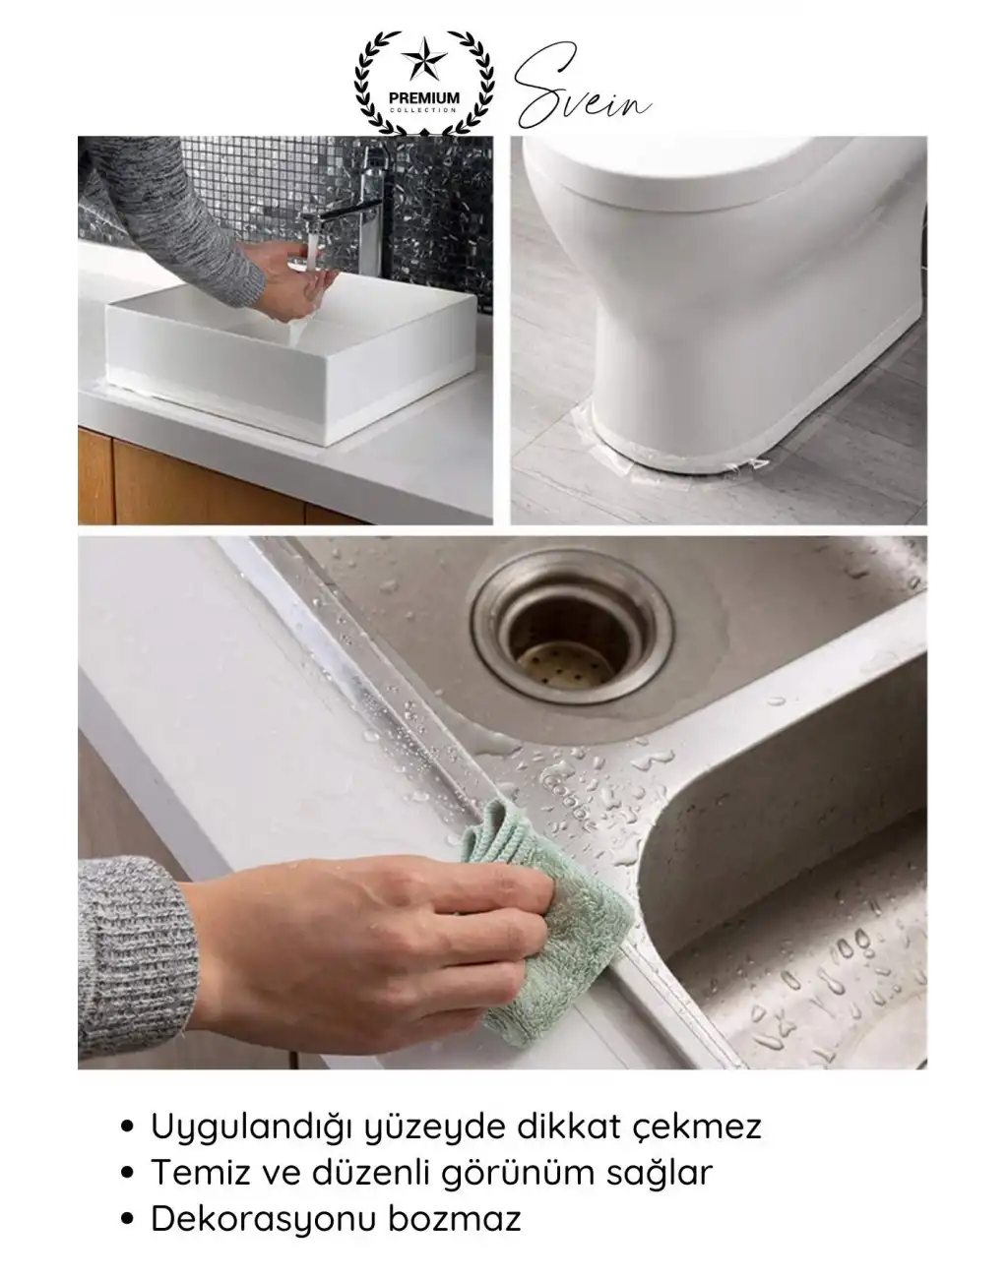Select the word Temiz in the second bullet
pyautogui.click(x=197, y=1173)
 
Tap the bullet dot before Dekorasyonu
pyautogui.click(x=126, y=1221)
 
